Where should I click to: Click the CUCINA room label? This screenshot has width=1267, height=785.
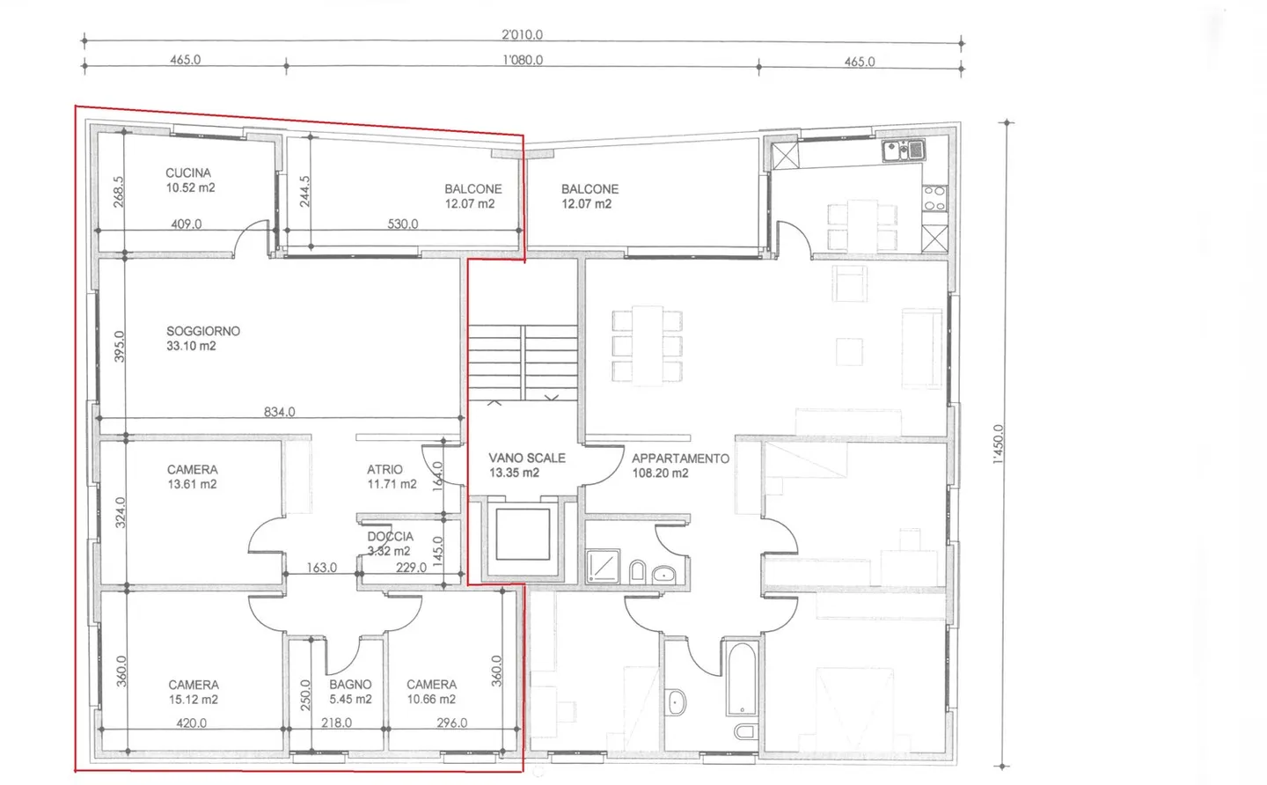click(x=189, y=180)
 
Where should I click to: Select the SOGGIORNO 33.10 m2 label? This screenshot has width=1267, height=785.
click(x=202, y=338)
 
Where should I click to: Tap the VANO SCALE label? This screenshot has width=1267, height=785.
click(x=526, y=465)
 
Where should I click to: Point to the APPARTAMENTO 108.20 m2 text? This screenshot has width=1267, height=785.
click(x=679, y=466)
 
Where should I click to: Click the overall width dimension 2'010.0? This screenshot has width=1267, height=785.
click(x=522, y=35)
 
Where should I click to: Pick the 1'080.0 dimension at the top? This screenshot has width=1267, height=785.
click(x=522, y=61)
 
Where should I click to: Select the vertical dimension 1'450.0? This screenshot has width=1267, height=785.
click(x=997, y=444)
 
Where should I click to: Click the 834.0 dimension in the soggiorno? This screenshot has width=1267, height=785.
click(x=279, y=412)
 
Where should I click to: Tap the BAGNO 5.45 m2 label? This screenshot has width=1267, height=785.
click(x=350, y=692)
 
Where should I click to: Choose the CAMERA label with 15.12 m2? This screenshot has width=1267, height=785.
click(x=194, y=692)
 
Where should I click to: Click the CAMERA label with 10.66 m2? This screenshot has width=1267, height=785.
click(x=431, y=692)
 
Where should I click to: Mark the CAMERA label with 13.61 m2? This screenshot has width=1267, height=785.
click(x=192, y=477)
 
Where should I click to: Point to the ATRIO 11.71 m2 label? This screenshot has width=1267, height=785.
click(x=391, y=477)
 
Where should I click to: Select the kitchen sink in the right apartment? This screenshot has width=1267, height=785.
click(x=904, y=150)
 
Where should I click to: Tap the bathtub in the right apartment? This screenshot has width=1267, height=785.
click(x=742, y=679)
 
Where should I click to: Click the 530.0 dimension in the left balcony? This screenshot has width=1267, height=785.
click(x=402, y=224)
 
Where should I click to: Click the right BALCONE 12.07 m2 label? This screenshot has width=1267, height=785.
click(x=589, y=195)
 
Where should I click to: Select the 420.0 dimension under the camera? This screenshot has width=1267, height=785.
click(x=191, y=723)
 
